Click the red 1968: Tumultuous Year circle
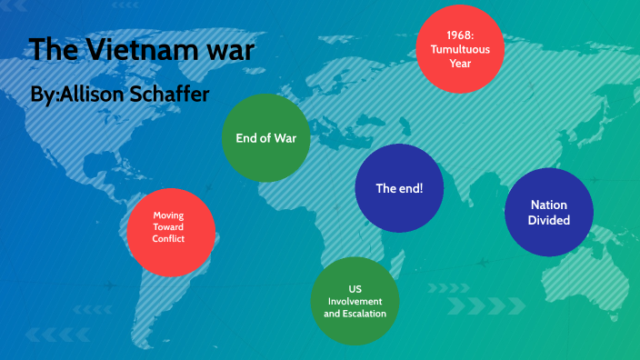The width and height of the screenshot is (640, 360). tap(459, 49)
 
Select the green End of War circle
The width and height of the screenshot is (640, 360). tap(266, 139)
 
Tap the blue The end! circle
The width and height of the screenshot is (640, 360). tap(399, 189)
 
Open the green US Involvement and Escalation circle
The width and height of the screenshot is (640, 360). tap(355, 301)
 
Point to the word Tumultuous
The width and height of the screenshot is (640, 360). tap(460, 49)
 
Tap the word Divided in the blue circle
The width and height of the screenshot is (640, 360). tap(549, 220)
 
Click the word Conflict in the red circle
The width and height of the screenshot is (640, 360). tap(169, 239)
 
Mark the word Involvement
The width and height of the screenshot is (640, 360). tap(355, 301)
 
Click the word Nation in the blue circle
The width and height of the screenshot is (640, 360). tap(549, 205)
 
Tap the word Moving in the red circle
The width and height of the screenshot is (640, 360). tap(170, 215)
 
